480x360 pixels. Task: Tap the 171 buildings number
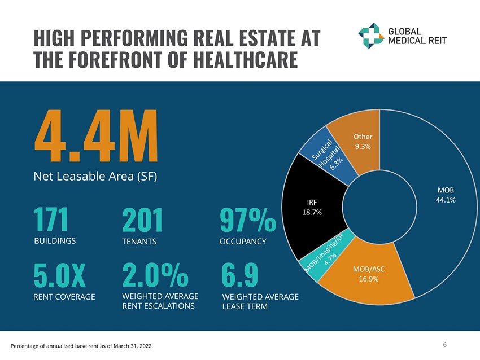pyautogui.click(x=51, y=220)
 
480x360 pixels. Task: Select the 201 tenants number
pyautogui.click(x=142, y=221)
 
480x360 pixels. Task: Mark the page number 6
pyautogui.click(x=445, y=344)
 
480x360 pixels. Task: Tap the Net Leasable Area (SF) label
pyautogui.click(x=95, y=176)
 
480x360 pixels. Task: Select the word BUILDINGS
pyautogui.click(x=55, y=241)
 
